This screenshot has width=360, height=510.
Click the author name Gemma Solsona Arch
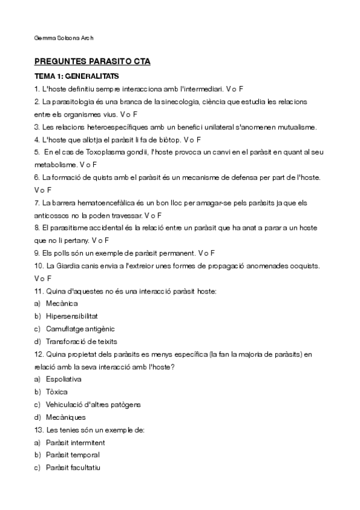click(x=64, y=38)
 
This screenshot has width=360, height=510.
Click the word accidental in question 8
click(x=103, y=228)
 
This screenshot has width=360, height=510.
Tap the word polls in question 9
click(x=64, y=253)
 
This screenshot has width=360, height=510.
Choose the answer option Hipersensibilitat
click(x=72, y=316)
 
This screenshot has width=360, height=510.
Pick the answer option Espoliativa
click(x=64, y=379)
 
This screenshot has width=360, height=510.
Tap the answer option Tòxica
click(x=57, y=392)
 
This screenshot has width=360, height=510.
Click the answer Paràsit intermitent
click(x=75, y=443)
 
